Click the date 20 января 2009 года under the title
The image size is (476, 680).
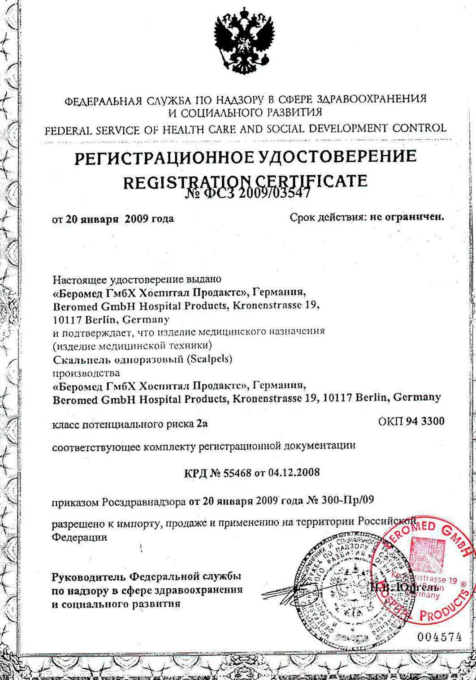click(x=120, y=219)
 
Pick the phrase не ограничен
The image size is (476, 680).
click(x=407, y=218)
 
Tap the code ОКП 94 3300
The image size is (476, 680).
click(x=411, y=421)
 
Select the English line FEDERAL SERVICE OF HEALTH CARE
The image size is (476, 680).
click(x=245, y=129)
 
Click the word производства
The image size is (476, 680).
click(x=87, y=372)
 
